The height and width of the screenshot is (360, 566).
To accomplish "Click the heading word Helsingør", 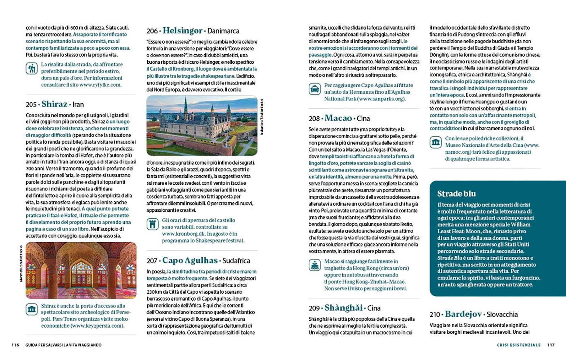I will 182,31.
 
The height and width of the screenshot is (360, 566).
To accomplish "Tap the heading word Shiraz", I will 54,104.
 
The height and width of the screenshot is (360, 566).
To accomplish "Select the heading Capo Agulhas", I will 190,260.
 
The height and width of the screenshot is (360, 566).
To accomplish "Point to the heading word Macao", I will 338,118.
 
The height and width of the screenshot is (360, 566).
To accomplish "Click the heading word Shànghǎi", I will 343,308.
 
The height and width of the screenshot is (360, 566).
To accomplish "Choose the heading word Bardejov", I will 463,314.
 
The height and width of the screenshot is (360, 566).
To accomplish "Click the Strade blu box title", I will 456,194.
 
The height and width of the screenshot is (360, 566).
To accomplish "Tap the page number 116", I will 15,345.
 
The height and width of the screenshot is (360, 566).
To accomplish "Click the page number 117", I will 551,345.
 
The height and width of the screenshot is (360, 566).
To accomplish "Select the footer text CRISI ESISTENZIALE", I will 518,345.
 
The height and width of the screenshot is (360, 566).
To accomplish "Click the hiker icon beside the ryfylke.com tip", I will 32,68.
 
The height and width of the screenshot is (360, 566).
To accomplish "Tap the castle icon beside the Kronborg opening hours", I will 153,224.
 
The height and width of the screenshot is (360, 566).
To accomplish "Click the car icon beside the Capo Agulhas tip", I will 315,89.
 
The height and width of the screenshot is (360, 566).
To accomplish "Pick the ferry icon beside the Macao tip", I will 315,265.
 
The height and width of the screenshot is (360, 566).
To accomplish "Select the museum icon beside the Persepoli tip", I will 32,309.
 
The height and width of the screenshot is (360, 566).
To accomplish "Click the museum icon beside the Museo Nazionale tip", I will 436,142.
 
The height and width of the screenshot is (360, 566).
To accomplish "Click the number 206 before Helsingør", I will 152,31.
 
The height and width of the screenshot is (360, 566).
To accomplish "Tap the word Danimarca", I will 223,31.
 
